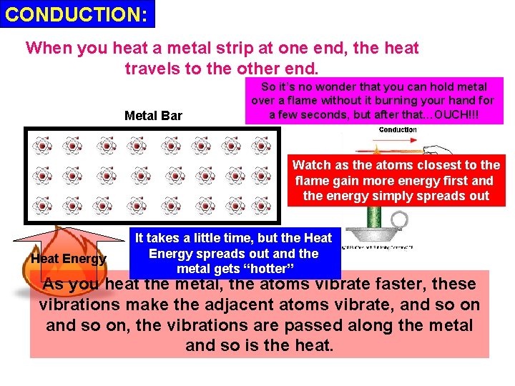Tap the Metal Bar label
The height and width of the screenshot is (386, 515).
coord(153,116)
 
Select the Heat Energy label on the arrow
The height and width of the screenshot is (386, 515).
coord(68,259)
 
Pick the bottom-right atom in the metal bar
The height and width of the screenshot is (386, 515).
coord(263,205)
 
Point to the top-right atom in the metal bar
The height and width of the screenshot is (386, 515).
coord(263,147)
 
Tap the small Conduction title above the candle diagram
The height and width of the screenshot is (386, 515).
coord(398,129)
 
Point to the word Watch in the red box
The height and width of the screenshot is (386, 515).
coord(313,165)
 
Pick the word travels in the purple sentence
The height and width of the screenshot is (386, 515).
coord(152,69)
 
